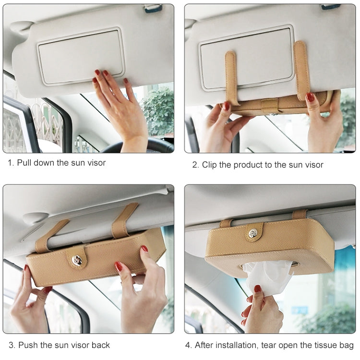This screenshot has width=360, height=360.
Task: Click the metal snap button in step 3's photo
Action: point(76,260)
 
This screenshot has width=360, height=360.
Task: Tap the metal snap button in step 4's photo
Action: point(253,234)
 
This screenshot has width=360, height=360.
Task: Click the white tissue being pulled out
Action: point(268,277)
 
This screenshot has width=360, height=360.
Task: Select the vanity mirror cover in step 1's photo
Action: point(80,56)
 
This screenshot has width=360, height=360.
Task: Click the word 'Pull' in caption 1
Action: point(24,163)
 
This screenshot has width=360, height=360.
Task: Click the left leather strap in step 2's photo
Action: point(231,78)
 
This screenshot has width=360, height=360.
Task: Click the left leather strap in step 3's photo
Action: point(51,235)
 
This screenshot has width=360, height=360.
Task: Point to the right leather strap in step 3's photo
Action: point(124,220)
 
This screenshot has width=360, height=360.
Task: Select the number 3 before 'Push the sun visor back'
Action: point(11,345)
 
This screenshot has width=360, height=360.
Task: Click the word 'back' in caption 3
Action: point(101,345)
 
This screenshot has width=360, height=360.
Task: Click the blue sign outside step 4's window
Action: point(300,311)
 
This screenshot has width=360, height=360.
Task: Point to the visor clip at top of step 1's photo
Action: point(153,9)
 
